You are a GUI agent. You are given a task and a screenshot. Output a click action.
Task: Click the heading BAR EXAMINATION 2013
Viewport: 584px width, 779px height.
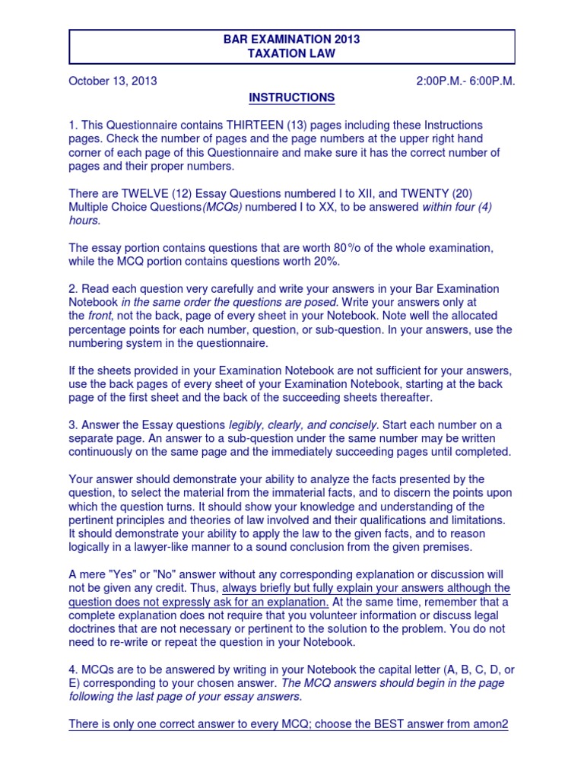pos(292,40)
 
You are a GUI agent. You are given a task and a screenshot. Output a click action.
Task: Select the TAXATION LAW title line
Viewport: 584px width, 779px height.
pos(292,54)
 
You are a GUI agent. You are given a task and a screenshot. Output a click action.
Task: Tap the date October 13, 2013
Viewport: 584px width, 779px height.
pos(113,81)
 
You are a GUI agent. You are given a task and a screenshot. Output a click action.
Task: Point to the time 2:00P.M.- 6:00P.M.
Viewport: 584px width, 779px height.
pos(465,81)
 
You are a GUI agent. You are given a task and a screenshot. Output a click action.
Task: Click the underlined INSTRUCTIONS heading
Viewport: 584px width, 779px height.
pos(292,97)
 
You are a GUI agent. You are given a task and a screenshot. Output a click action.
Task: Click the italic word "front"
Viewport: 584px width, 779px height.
pos(103,316)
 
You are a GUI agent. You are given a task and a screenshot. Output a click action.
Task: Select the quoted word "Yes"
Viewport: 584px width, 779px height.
pos(119,574)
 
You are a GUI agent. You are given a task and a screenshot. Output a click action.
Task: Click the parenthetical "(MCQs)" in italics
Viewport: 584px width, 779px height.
pos(221,207)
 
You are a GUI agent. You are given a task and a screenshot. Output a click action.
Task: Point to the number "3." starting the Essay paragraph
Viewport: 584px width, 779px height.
pos(73,424)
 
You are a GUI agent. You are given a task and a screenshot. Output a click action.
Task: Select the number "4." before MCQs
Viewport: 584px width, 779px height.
pos(73,669)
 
